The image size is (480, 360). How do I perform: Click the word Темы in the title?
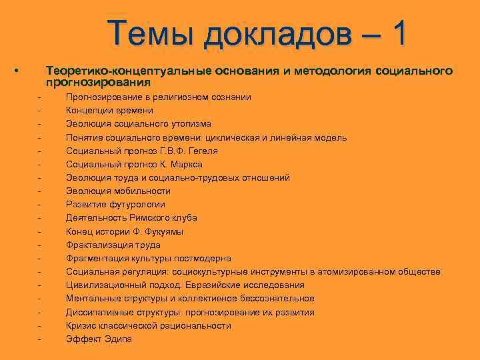pos(151,33)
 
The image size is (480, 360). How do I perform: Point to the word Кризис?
pos(81,326)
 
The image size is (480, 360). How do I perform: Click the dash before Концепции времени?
pos(40,111)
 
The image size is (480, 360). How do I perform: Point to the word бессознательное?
pos(274,299)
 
